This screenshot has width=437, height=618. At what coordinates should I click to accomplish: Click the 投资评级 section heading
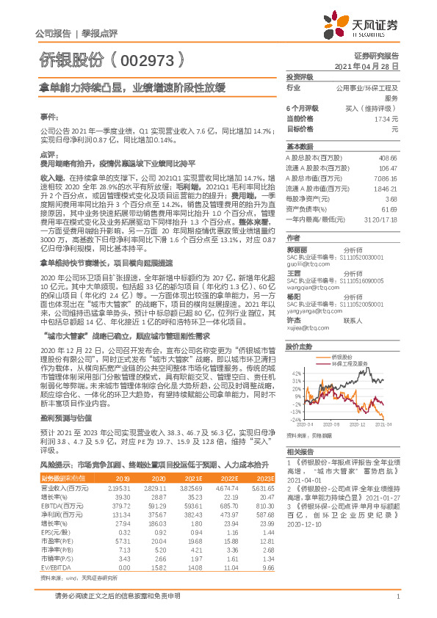click(x=299, y=76)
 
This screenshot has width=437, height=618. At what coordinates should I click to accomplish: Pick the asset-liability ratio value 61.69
click(x=390, y=209)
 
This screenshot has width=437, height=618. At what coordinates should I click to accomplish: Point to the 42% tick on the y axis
click(x=295, y=373)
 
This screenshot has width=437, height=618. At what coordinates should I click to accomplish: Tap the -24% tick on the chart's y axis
click(x=295, y=419)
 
